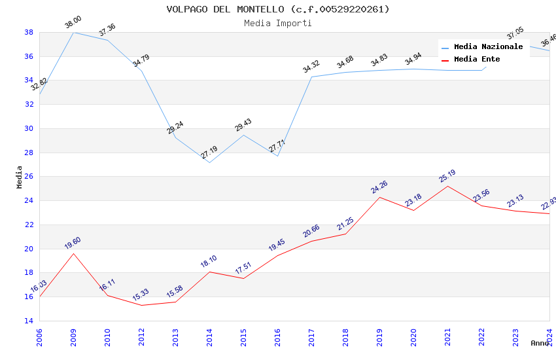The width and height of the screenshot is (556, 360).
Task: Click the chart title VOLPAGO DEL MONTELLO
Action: click(x=277, y=9)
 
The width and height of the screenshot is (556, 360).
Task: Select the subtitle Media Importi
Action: click(x=277, y=23)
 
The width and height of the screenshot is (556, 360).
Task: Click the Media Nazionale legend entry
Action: click(x=488, y=46)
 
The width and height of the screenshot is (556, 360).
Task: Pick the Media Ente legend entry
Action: click(x=477, y=59)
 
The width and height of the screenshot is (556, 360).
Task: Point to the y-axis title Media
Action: click(x=20, y=177)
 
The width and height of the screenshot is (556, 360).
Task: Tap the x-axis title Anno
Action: click(x=540, y=343)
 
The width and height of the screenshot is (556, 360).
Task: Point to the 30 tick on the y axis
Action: click(x=29, y=128)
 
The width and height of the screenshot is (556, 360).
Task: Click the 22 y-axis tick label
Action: click(x=29, y=225)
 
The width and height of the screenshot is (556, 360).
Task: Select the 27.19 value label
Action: click(x=209, y=153)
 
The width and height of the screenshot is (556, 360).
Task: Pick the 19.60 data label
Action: click(x=73, y=243)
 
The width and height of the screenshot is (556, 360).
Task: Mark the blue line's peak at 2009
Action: click(x=73, y=32)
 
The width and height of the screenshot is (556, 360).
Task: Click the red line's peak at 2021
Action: click(x=447, y=187)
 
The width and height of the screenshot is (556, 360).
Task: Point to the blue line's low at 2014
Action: click(x=209, y=162)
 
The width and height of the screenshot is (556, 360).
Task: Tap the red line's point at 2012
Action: click(x=141, y=305)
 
